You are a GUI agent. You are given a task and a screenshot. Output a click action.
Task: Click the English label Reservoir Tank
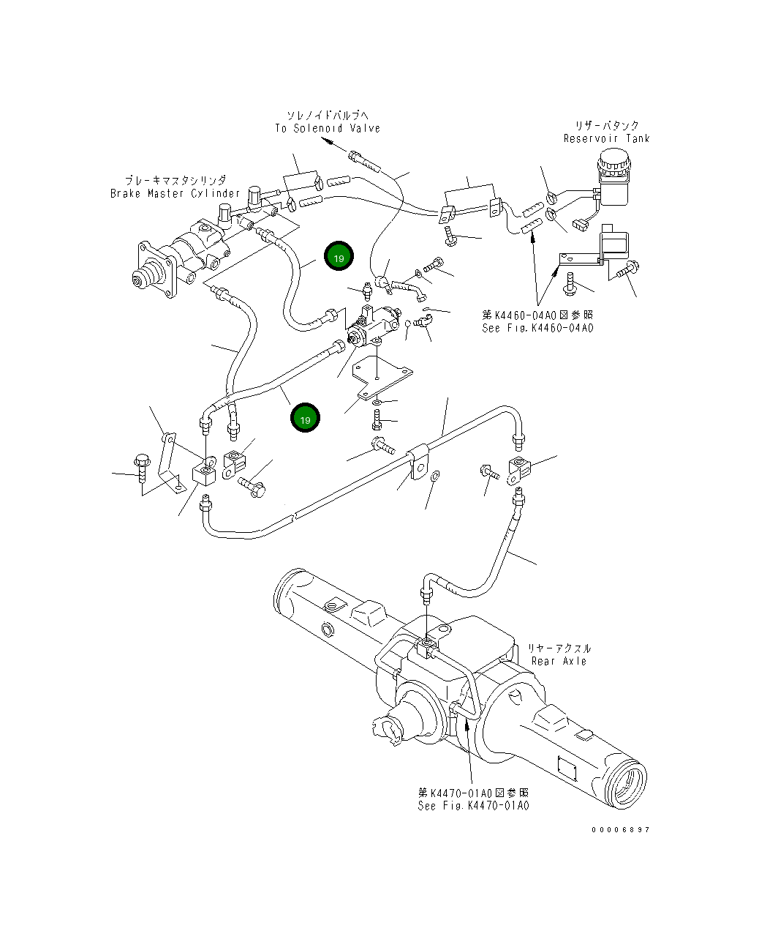click(x=606, y=138)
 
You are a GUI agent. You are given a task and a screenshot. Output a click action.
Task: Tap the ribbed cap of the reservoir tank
click(x=613, y=160)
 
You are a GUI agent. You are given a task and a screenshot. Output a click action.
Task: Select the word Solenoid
click(x=317, y=128)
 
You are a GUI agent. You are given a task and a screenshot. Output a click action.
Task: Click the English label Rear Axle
click(x=559, y=661)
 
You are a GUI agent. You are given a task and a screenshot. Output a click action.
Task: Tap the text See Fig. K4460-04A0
click(x=537, y=328)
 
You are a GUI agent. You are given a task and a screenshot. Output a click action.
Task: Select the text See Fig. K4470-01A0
click(x=473, y=805)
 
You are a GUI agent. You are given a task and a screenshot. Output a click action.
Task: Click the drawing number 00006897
click(x=621, y=829)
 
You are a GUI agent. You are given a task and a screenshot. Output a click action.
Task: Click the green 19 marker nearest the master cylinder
click(x=339, y=256)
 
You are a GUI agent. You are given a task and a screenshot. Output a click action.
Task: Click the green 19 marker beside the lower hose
click(x=305, y=418)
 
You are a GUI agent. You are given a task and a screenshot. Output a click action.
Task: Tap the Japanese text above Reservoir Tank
click(x=607, y=126)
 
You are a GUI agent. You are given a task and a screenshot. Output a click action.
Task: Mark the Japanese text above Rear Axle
click(x=559, y=648)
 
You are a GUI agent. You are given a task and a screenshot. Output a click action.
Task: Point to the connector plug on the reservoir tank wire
click(x=580, y=225)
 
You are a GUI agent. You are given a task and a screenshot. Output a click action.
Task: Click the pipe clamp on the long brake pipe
click(x=419, y=461)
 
